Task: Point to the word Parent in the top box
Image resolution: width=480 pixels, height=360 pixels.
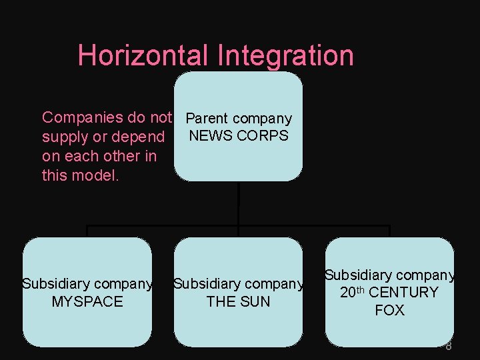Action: point(207,119)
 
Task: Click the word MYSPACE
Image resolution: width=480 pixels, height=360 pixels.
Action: point(87,301)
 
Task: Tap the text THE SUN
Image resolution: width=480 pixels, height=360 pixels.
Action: point(238,301)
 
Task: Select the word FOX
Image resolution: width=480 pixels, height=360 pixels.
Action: point(389,310)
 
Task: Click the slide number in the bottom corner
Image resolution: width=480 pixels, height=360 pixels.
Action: point(449,346)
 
